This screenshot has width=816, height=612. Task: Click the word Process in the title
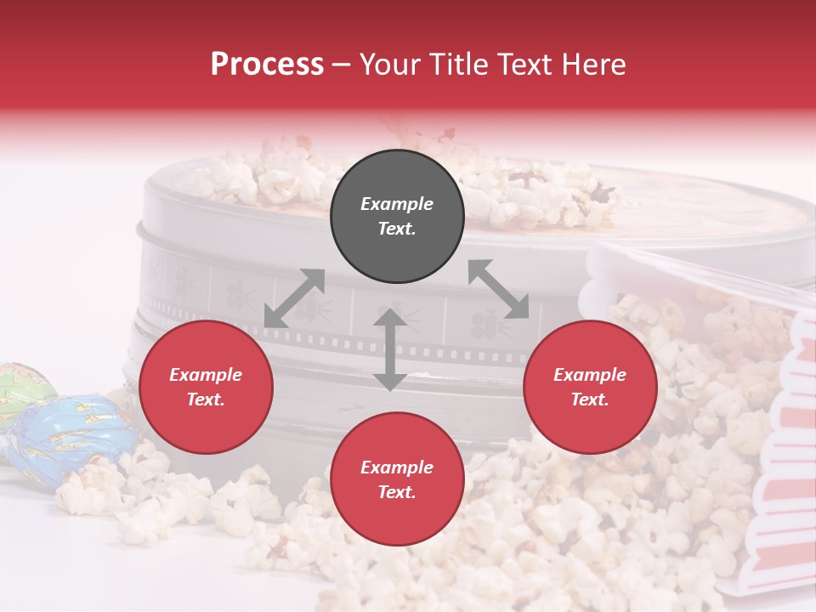coord(267,65)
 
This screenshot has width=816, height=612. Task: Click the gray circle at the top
coord(397,217)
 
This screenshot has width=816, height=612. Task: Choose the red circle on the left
coord(206,387)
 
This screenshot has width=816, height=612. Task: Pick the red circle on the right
coord(590,387)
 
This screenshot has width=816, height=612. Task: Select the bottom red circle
coord(397,479)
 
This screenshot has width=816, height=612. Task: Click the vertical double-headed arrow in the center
coord(389,349)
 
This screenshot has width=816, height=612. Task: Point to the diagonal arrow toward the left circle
coord(294,298)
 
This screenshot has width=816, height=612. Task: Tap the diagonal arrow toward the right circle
coord(499,290)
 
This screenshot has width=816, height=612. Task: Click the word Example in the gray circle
coord(397,204)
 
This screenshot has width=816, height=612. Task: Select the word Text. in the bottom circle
coord(397,492)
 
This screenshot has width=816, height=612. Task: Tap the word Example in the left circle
coord(206,375)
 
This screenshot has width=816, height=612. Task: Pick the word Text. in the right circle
coord(590,399)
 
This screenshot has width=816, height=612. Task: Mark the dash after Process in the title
coord(341,65)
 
